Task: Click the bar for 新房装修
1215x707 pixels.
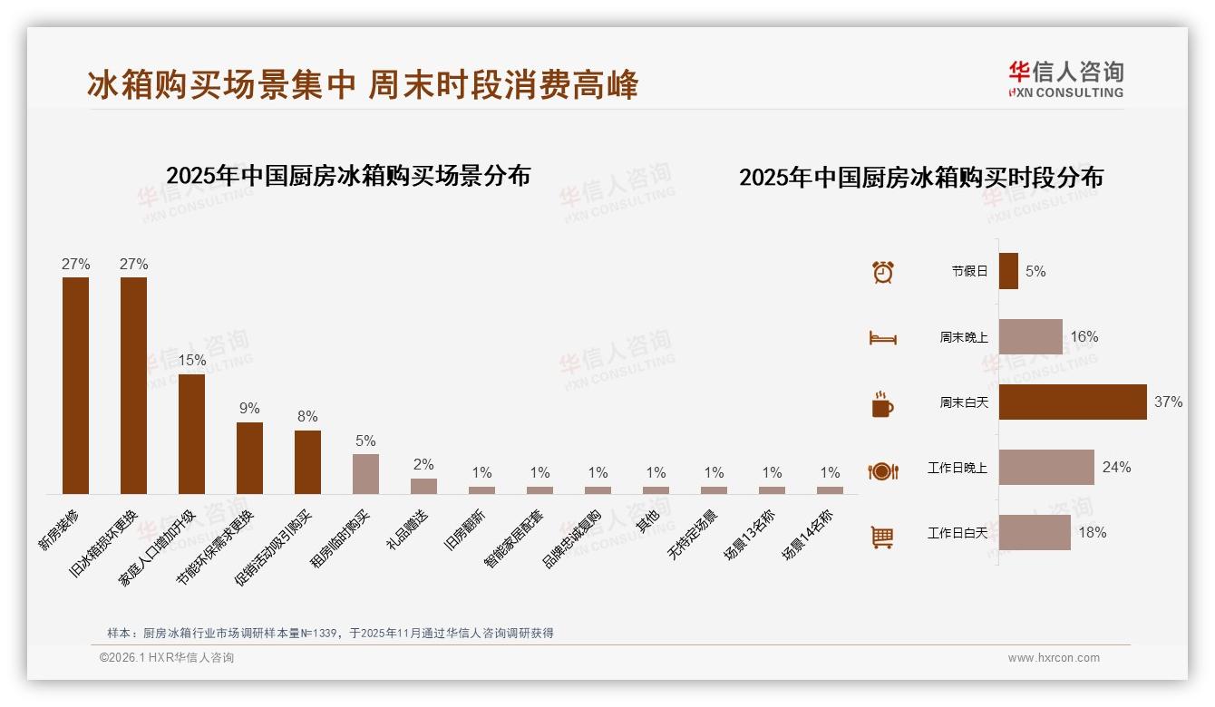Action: click(75, 385)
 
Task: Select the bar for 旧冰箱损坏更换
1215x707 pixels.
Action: click(133, 385)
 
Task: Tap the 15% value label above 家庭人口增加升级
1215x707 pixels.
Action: click(191, 360)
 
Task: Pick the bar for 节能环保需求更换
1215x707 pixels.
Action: click(249, 458)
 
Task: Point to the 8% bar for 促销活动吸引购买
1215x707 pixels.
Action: click(307, 461)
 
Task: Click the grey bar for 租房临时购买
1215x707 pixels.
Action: click(365, 473)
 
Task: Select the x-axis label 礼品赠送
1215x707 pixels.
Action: click(408, 529)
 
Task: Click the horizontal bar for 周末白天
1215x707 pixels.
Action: click(1073, 402)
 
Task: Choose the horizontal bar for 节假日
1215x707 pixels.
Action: click(1008, 271)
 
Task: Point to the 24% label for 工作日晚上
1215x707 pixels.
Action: click(1116, 467)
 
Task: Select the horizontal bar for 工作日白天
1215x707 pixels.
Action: click(1035, 532)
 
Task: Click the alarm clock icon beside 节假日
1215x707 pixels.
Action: click(882, 271)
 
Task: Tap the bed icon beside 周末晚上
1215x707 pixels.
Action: click(882, 337)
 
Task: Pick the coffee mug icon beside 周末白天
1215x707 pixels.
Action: click(882, 403)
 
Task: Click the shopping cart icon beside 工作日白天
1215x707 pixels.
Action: click(882, 537)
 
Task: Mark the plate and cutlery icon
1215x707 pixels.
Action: click(882, 470)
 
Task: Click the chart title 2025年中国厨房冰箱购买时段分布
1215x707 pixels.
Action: click(920, 178)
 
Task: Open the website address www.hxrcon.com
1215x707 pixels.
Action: click(1054, 658)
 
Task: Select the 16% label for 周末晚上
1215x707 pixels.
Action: click(1084, 336)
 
